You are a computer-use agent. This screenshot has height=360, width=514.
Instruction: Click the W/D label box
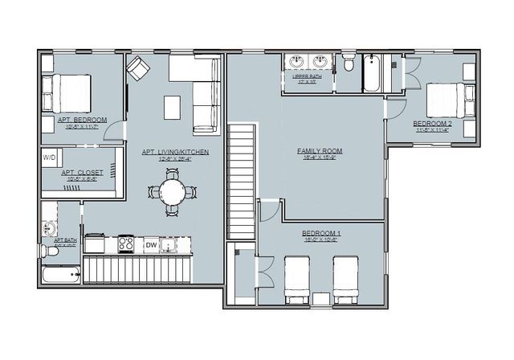tap(49, 157)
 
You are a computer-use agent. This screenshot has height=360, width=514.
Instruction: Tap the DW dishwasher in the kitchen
tap(151, 244)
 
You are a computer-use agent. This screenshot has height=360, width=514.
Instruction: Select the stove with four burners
tap(126, 243)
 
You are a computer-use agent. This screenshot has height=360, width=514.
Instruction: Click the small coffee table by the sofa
tap(173, 107)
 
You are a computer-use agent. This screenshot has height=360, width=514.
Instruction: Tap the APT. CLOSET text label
tap(80, 174)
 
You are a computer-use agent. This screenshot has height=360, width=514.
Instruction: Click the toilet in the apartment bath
tap(51, 252)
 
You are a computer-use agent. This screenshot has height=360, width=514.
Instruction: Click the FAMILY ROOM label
tap(320, 152)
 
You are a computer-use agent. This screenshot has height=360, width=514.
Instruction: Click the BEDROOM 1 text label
tap(322, 234)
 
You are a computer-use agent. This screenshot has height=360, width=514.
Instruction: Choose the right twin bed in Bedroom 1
tap(346, 277)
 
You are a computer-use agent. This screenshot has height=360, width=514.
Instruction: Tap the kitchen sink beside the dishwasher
tap(170, 244)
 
